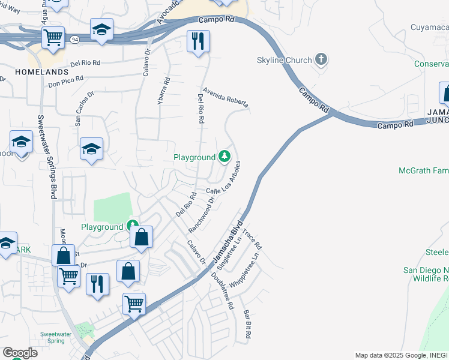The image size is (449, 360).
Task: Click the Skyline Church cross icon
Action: click(322, 59)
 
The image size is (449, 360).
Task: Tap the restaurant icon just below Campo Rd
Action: click(198, 41)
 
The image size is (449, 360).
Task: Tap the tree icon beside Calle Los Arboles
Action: click(224, 157)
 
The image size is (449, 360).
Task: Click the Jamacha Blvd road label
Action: click(228, 234)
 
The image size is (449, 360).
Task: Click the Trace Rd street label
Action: click(253, 238)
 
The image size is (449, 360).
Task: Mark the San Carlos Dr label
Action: click(85, 109)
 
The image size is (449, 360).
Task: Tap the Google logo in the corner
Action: click(20, 352)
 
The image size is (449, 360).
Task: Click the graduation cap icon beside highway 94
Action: click(101, 29)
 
